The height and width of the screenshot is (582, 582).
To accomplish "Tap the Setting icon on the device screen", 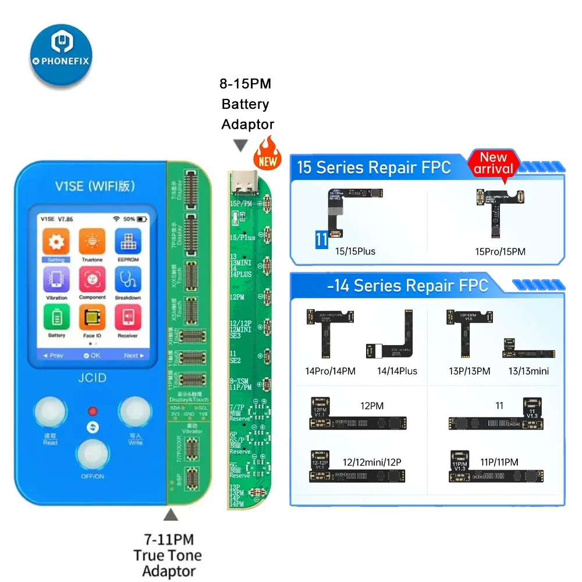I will point(56,242).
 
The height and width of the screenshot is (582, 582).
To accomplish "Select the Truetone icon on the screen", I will point(92,242).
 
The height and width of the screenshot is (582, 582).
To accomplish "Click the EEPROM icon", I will point(128,242).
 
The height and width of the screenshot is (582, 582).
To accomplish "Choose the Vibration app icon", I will point(56,280).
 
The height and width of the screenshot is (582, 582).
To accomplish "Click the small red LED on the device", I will point(92,411).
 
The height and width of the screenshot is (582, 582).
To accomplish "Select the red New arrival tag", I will point(493,163).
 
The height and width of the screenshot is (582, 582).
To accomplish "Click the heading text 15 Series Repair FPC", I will point(374,168).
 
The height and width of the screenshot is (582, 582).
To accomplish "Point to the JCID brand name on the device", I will point(93,377).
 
